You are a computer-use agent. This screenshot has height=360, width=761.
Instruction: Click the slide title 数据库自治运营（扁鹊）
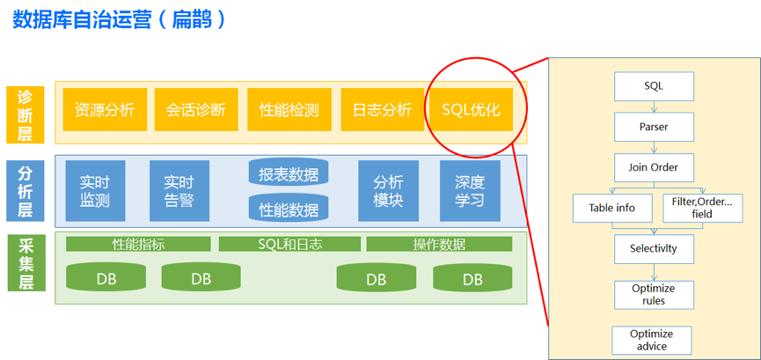(121, 19)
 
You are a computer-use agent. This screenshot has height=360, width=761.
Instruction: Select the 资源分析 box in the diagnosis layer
(105, 110)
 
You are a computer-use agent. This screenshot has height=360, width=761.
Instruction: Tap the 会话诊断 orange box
(195, 110)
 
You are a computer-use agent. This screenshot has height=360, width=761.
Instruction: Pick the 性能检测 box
(289, 110)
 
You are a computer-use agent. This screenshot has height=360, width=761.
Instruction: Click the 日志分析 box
(382, 110)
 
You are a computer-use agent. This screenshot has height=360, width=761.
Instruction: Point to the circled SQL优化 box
(471, 110)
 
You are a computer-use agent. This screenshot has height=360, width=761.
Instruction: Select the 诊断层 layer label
(25, 114)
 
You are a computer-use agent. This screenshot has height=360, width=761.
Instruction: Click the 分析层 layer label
(25, 190)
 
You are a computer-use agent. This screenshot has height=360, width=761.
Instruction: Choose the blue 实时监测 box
(95, 191)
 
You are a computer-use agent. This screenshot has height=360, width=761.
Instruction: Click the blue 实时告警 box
(179, 191)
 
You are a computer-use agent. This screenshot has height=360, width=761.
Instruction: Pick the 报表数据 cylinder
(289, 173)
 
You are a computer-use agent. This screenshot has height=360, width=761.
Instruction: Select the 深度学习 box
(470, 191)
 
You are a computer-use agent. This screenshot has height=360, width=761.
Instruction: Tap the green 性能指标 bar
(139, 244)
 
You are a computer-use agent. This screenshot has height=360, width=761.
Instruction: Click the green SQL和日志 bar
(289, 244)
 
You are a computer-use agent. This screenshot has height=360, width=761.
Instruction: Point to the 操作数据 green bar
(439, 244)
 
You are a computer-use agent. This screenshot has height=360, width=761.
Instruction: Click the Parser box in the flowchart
(653, 127)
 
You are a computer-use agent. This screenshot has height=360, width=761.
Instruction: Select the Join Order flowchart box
(653, 167)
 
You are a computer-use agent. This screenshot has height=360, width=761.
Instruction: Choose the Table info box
(612, 209)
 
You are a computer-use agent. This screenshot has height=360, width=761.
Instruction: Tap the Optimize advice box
(651, 340)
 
